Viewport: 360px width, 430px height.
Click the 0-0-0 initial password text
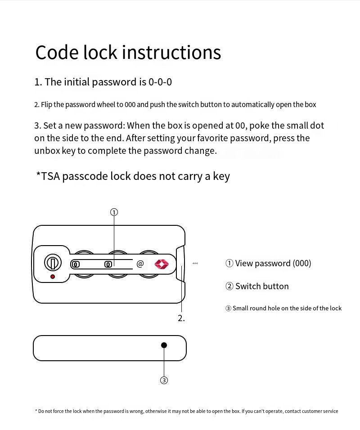pyautogui.click(x=160, y=82)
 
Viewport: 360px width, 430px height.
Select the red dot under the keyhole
pyautogui.click(x=53, y=277)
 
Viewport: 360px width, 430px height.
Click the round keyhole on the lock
pyautogui.click(x=53, y=262)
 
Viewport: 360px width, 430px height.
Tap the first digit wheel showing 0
pyautogui.click(x=76, y=264)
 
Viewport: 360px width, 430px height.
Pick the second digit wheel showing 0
pyautogui.click(x=108, y=264)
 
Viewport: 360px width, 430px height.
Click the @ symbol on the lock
pyautogui.click(x=140, y=264)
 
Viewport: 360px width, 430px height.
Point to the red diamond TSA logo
pyautogui.click(x=162, y=264)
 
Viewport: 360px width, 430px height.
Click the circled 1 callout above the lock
pyautogui.click(x=114, y=212)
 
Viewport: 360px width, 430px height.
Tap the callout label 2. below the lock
pyautogui.click(x=181, y=318)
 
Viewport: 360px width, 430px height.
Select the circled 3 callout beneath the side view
pyautogui.click(x=164, y=381)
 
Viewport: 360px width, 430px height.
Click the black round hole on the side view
pyautogui.click(x=164, y=345)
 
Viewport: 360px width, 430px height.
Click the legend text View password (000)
pyautogui.click(x=268, y=263)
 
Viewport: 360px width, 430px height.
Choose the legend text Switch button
pyautogui.click(x=257, y=286)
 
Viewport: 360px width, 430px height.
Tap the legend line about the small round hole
pyautogui.click(x=283, y=308)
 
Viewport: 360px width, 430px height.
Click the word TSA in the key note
pyautogui.click(x=50, y=176)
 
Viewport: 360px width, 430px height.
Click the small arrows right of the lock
pyautogui.click(x=195, y=263)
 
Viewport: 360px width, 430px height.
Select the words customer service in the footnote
pyautogui.click(x=319, y=411)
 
